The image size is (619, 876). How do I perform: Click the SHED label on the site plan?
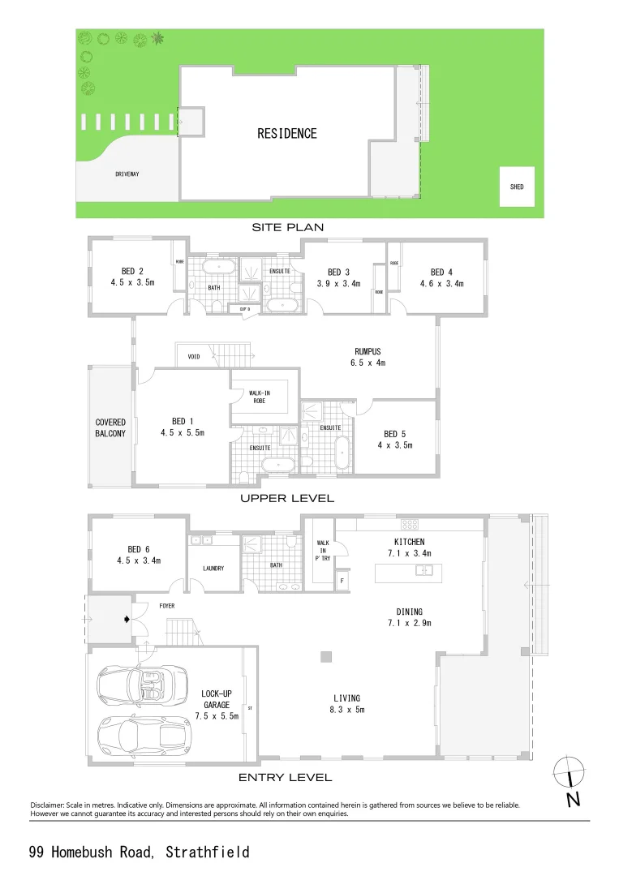click(517, 187)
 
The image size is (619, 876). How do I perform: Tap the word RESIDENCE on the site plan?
click(287, 133)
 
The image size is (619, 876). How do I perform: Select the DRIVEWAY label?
click(127, 174)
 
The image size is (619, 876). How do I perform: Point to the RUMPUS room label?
click(368, 351)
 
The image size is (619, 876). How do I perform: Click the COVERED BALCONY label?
click(110, 428)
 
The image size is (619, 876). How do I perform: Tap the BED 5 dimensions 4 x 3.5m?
click(395, 445)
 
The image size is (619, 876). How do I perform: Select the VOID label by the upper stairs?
click(193, 356)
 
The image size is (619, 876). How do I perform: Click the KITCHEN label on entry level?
click(409, 542)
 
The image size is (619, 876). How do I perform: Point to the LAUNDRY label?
click(213, 568)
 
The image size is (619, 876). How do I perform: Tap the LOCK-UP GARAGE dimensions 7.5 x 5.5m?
click(217, 716)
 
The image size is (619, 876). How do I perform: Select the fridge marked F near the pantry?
click(342, 581)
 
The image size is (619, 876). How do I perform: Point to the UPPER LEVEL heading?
click(286, 498)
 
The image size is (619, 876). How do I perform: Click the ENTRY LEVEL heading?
click(285, 777)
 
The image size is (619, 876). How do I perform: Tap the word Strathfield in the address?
click(207, 852)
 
